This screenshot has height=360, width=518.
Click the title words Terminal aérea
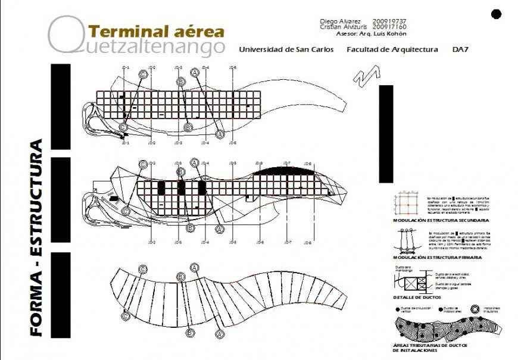coord(156,31)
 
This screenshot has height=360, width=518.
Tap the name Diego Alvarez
coord(341,21)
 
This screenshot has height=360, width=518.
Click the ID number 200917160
coord(389,27)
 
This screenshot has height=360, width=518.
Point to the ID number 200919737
coord(389,21)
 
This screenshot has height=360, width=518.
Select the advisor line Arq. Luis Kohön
coord(375,34)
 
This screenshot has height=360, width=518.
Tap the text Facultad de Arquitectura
coord(392,50)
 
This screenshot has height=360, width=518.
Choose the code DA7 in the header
coord(460,50)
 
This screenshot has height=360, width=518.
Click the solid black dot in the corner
coord(497,14)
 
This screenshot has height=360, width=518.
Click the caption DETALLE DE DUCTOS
coord(416,297)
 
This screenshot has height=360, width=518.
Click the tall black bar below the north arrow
coord(386,133)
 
